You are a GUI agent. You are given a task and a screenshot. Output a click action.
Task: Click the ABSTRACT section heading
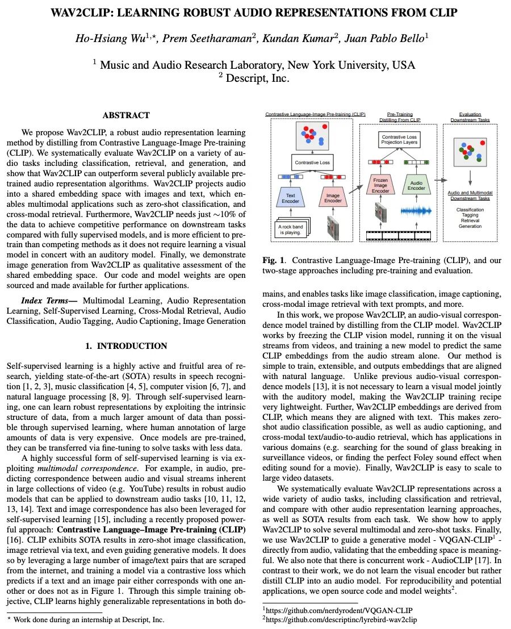tap(126, 115)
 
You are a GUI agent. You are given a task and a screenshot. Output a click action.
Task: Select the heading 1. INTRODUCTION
tap(126, 346)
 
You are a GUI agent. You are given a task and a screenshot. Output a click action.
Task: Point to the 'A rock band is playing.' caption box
tap(290, 229)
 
